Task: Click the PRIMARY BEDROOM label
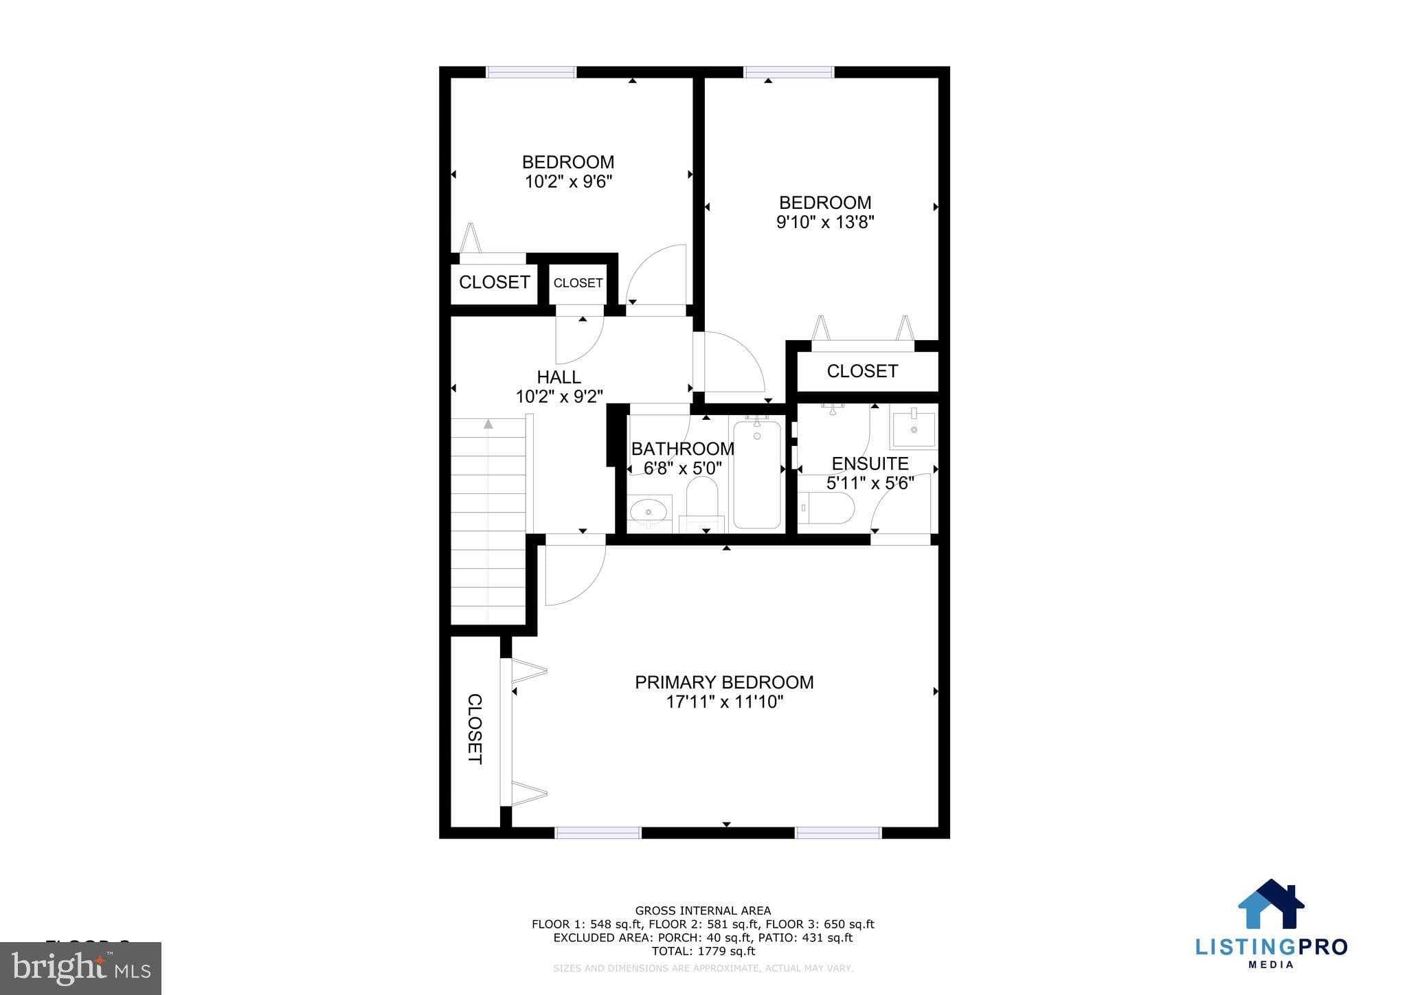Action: (x=724, y=682)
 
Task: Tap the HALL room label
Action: (x=559, y=377)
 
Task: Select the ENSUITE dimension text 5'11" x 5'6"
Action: (x=870, y=483)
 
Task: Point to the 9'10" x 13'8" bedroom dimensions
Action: (x=824, y=223)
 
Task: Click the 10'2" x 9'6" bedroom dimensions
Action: (x=568, y=182)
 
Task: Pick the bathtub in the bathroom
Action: (x=757, y=473)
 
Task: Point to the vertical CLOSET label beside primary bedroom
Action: (x=475, y=728)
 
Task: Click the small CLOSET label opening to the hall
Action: (x=578, y=283)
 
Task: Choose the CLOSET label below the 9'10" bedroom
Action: (x=862, y=371)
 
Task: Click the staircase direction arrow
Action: (x=488, y=424)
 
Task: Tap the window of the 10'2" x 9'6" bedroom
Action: (x=531, y=72)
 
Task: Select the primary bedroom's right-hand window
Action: (x=838, y=833)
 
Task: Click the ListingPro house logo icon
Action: (x=1271, y=905)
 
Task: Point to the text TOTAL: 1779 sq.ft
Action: (x=703, y=951)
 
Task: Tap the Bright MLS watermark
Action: (x=81, y=968)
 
